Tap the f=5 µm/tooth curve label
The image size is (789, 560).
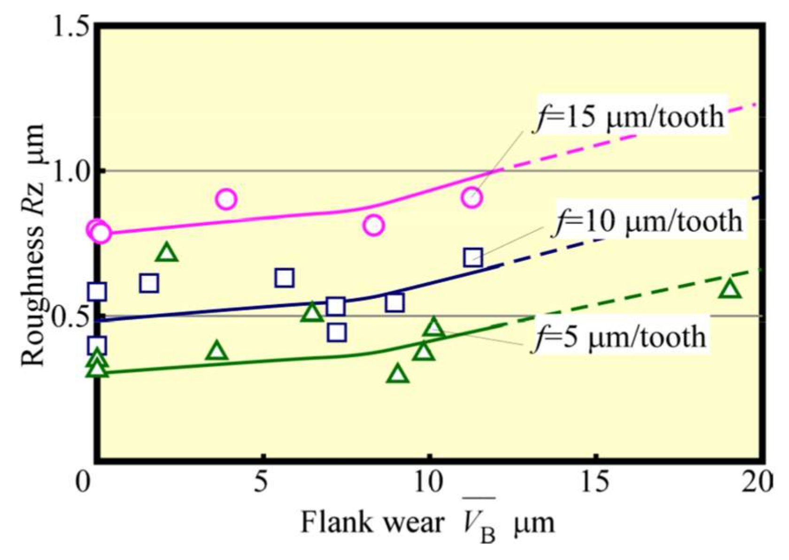(620, 337)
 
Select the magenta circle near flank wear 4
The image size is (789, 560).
(226, 199)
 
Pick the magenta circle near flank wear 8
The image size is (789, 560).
(373, 226)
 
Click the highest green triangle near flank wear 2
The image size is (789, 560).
(167, 253)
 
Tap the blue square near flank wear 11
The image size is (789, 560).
(473, 257)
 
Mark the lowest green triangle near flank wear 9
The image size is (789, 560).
(398, 374)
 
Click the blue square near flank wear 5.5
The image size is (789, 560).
(285, 278)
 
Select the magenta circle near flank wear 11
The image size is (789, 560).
(472, 198)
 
